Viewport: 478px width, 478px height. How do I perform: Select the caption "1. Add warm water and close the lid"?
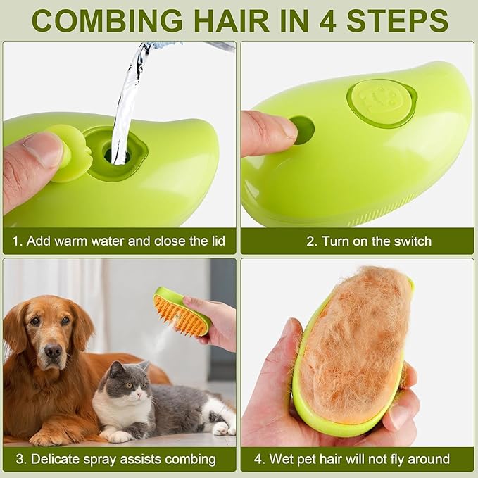119,241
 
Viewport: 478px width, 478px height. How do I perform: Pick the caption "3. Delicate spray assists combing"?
114,459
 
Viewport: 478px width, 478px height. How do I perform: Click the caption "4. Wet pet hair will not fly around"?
351,459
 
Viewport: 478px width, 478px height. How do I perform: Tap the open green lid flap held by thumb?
70,151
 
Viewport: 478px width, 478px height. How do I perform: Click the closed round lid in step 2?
379,101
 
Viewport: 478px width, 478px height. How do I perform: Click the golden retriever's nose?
52,350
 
